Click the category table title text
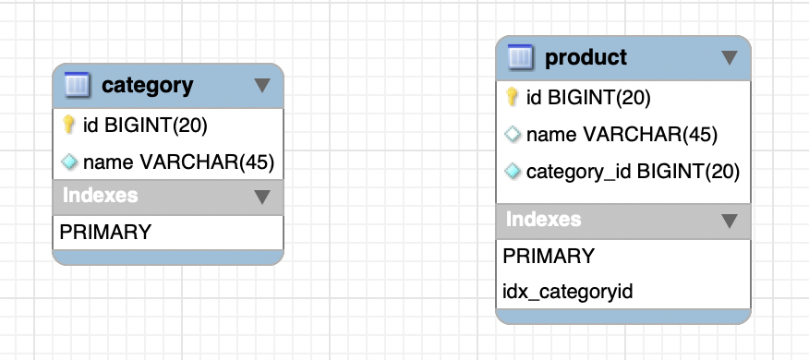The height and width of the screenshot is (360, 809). (148, 86)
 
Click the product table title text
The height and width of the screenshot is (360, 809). (586, 57)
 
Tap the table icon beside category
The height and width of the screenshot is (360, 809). (77, 85)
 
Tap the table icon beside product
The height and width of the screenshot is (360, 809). (520, 57)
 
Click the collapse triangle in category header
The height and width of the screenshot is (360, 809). (262, 86)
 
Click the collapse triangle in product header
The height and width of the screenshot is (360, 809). (729, 57)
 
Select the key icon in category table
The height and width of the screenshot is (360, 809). (68, 125)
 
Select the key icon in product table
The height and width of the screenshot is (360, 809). (512, 97)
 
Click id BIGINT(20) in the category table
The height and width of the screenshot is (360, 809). (145, 126)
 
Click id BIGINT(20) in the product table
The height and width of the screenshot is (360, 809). (588, 98)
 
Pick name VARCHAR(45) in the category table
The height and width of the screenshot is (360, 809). (178, 162)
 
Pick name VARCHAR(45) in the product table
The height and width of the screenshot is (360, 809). (622, 135)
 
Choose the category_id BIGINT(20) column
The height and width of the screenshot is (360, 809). (633, 173)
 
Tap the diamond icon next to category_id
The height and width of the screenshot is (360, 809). (513, 172)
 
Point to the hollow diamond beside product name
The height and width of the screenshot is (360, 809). (513, 134)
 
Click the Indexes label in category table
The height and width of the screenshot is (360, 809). (100, 196)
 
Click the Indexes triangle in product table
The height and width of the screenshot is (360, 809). (729, 221)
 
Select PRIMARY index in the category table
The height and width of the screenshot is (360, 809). (105, 232)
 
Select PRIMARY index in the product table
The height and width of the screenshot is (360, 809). (549, 256)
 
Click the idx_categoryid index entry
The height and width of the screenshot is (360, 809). (568, 293)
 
